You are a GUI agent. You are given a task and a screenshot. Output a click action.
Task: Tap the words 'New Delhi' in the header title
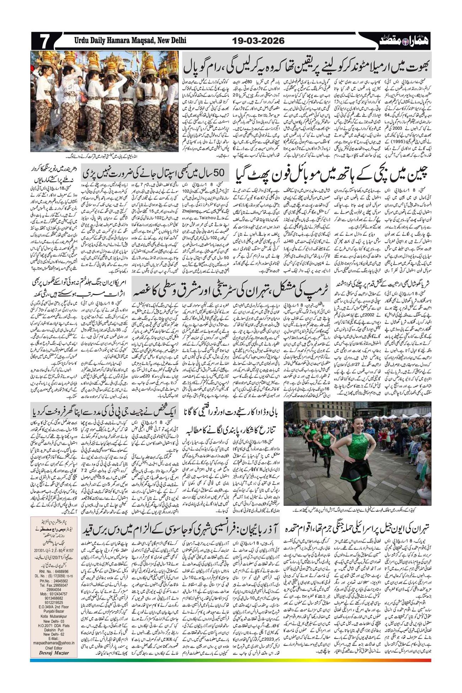[170, 41]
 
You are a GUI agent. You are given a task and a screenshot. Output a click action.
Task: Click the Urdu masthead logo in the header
[405, 41]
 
